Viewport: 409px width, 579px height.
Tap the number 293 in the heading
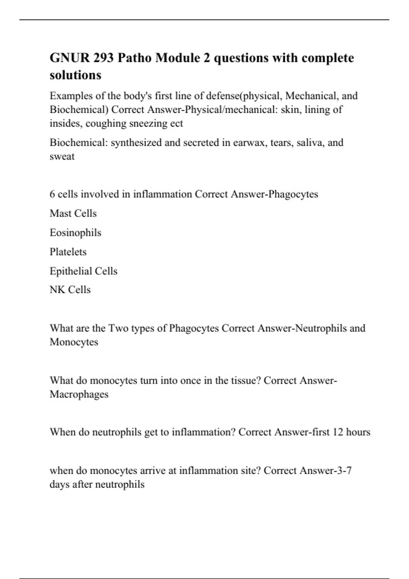pyautogui.click(x=104, y=58)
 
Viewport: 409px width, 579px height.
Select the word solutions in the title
pyautogui.click(x=75, y=75)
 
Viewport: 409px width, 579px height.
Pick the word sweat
pyautogui.click(x=62, y=156)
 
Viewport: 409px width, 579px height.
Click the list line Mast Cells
pyautogui.click(x=73, y=214)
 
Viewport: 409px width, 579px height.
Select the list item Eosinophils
pyautogui.click(x=75, y=233)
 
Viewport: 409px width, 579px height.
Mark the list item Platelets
pyautogui.click(x=68, y=252)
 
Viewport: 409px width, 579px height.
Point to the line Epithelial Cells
pyautogui.click(x=84, y=271)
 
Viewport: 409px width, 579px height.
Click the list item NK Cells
pyautogui.click(x=70, y=290)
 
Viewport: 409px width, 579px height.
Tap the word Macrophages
pyautogui.click(x=79, y=394)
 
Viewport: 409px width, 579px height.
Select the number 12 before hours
pyautogui.click(x=338, y=432)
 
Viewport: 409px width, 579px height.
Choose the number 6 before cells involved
pyautogui.click(x=52, y=194)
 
